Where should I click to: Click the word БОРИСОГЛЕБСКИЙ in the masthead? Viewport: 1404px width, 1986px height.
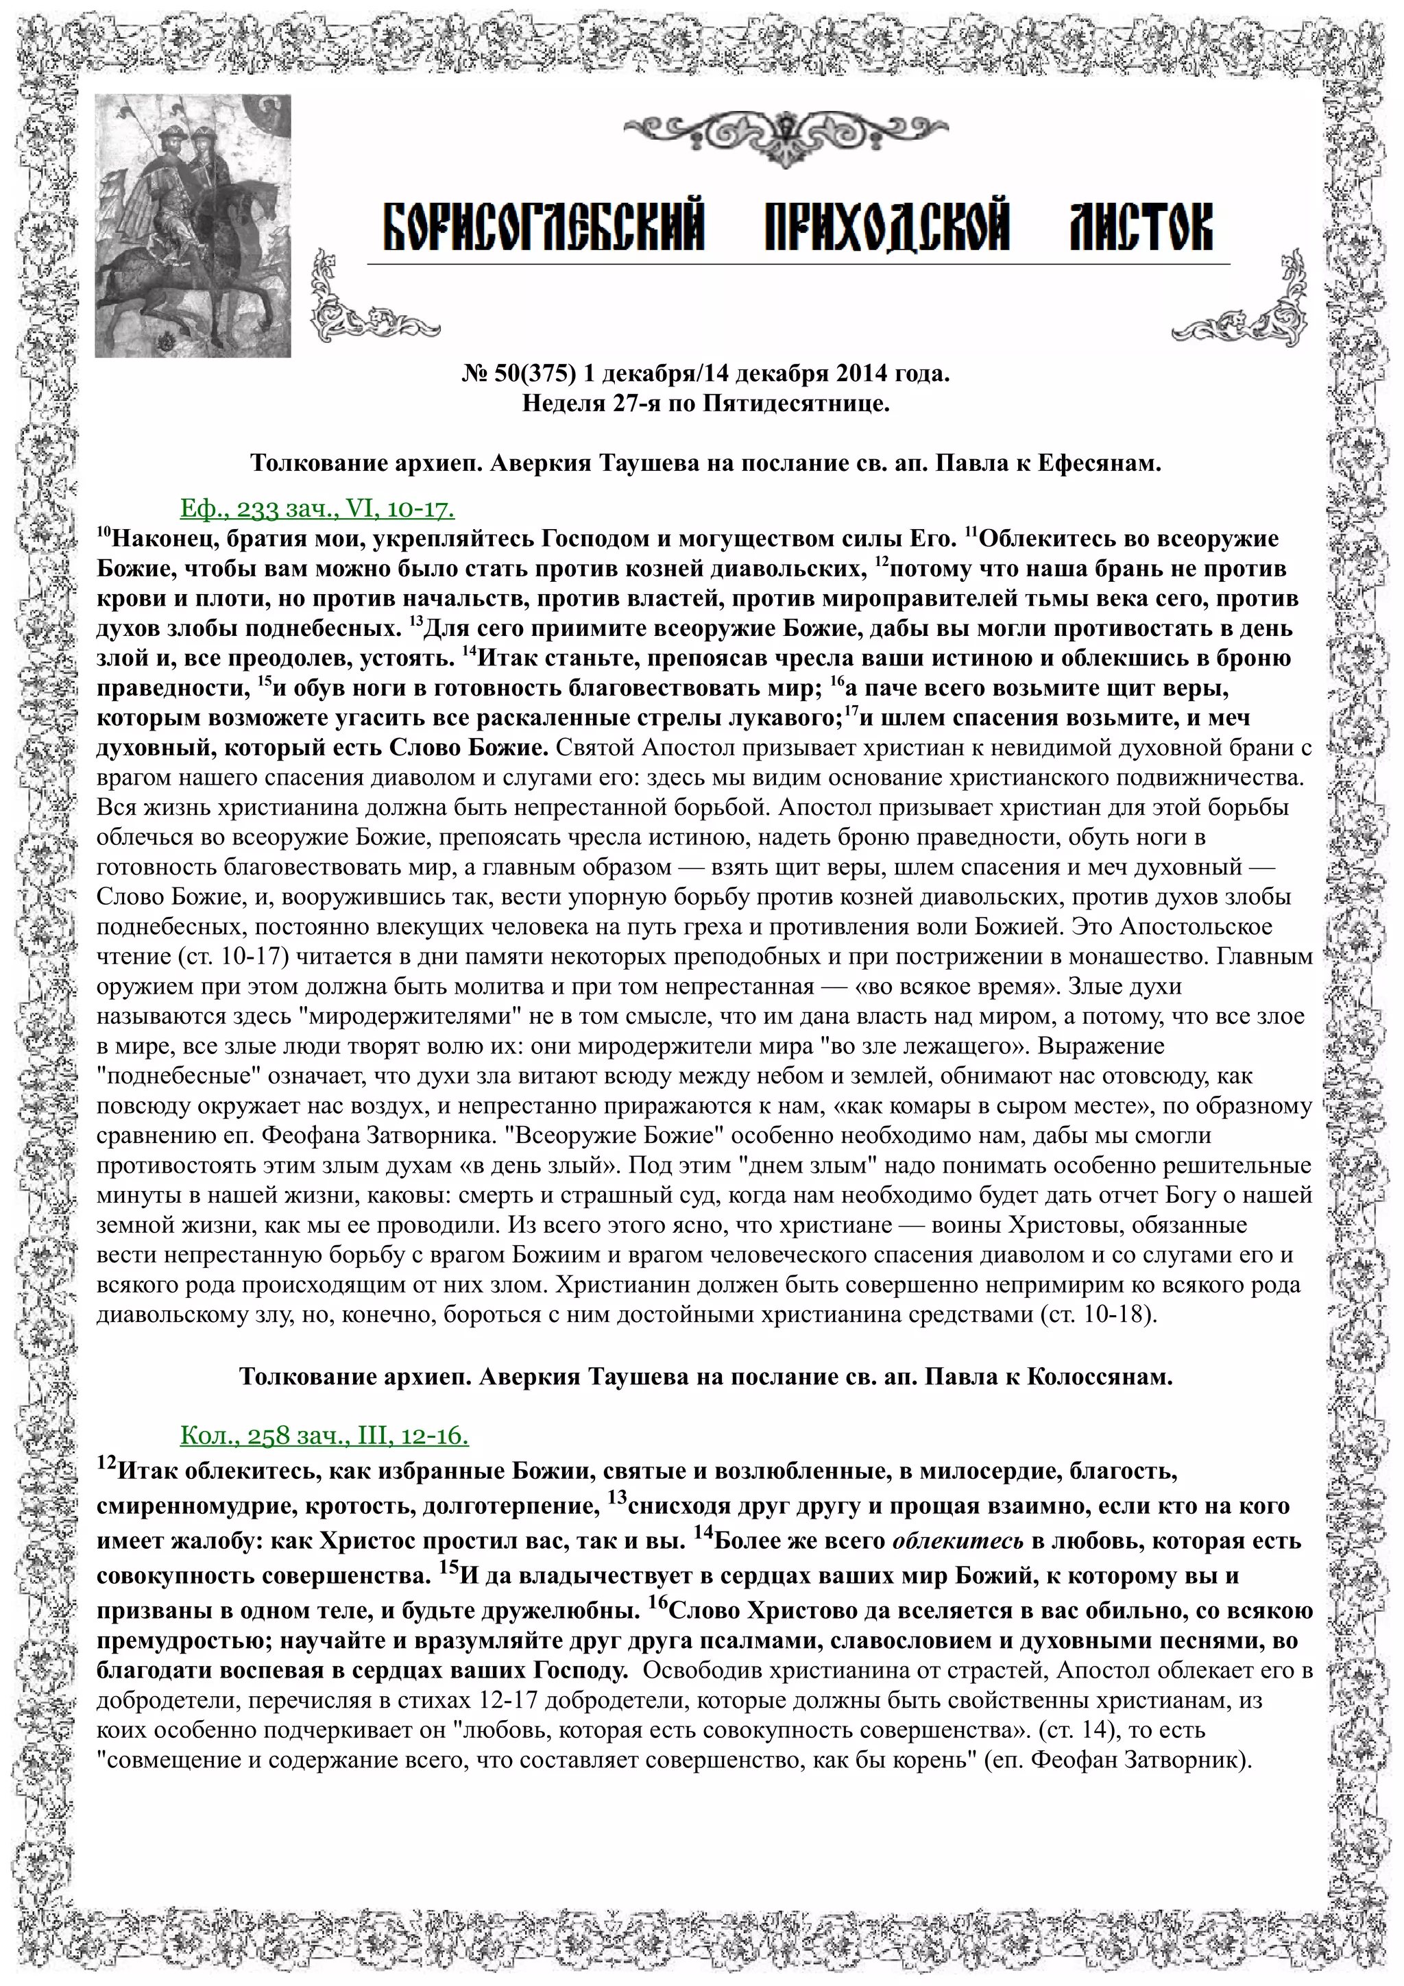(x=542, y=228)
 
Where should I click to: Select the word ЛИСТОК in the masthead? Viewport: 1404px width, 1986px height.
(x=1140, y=228)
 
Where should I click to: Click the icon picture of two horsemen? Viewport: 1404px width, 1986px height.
(x=193, y=225)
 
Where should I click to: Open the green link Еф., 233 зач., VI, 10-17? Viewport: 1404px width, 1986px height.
(x=317, y=508)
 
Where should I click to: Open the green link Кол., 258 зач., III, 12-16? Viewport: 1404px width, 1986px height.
(x=324, y=1435)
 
